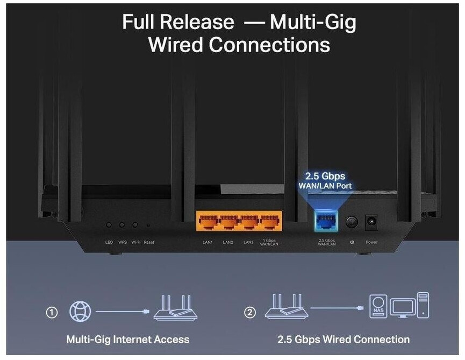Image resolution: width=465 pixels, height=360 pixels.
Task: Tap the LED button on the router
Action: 109,225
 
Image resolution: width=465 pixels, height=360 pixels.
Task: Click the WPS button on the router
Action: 122,225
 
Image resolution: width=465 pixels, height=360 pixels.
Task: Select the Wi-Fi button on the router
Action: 135,225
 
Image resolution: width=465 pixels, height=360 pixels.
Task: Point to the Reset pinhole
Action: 148,225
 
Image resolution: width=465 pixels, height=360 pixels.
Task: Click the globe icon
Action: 80,312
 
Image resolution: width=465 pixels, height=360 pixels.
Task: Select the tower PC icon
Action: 423,305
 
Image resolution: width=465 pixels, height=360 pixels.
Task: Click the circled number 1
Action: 52,312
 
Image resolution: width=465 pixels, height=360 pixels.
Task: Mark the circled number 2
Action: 249,312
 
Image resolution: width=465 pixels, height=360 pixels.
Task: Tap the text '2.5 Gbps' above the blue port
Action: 325,177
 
